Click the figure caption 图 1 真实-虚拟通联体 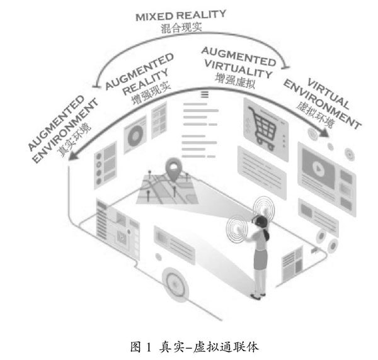click(x=188, y=345)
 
